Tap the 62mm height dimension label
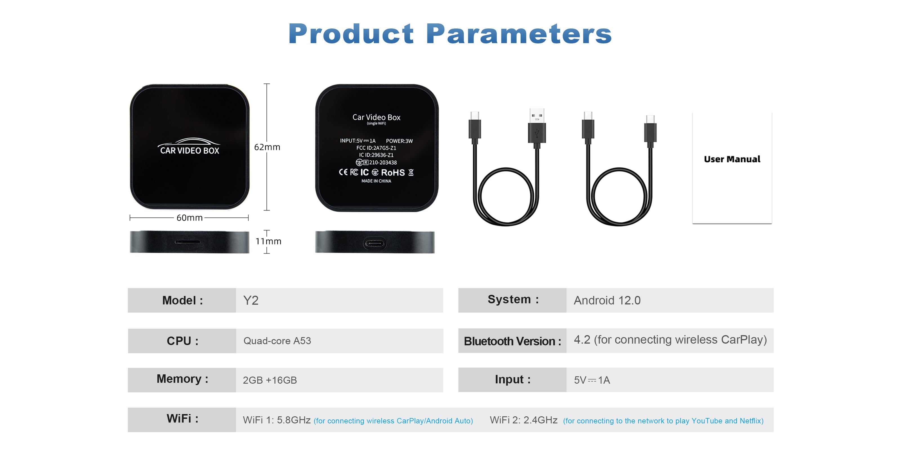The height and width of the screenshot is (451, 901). pos(267,147)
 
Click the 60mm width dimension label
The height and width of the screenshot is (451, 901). pos(189,218)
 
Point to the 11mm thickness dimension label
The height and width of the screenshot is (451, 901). pos(268,241)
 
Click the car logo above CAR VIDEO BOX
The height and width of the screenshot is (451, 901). pos(189,142)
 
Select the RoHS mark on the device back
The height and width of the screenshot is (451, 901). pos(393,173)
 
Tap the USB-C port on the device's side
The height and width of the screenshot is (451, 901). pos(375,243)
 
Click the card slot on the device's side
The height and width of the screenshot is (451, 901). pos(188,242)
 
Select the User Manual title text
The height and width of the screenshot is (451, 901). pos(732,159)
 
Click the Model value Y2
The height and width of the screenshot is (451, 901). pos(251,300)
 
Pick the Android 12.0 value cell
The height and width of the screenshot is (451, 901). pos(607,300)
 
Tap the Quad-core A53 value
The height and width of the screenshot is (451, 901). pos(277,341)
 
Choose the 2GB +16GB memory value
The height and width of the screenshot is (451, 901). pos(270,380)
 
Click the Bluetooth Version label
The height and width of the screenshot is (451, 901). pos(512,341)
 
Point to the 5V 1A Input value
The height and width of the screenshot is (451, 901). pos(592,380)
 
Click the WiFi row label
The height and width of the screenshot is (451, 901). pos(182,419)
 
